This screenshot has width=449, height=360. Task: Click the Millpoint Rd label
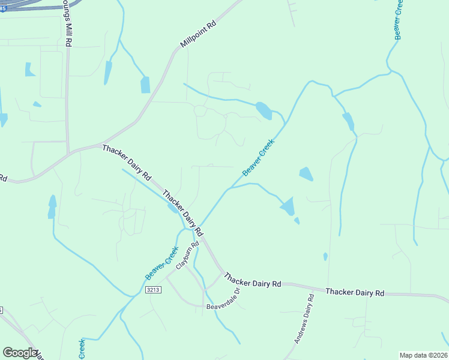(x=198, y=36)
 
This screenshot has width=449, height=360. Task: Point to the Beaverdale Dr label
(x=223, y=299)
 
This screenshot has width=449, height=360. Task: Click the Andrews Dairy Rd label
(x=304, y=318)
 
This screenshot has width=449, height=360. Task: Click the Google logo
(x=20, y=353)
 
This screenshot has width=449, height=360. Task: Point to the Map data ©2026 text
(x=423, y=355)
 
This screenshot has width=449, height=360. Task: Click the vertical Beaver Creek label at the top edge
(x=399, y=20)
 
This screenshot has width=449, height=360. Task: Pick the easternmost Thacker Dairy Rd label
(x=355, y=292)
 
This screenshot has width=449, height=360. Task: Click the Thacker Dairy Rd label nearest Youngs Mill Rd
(x=126, y=163)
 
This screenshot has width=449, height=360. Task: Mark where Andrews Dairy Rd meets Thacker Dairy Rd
(x=314, y=287)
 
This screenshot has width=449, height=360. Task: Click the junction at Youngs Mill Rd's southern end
(x=67, y=151)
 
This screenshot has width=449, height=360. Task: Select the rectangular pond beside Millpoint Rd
(x=145, y=85)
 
